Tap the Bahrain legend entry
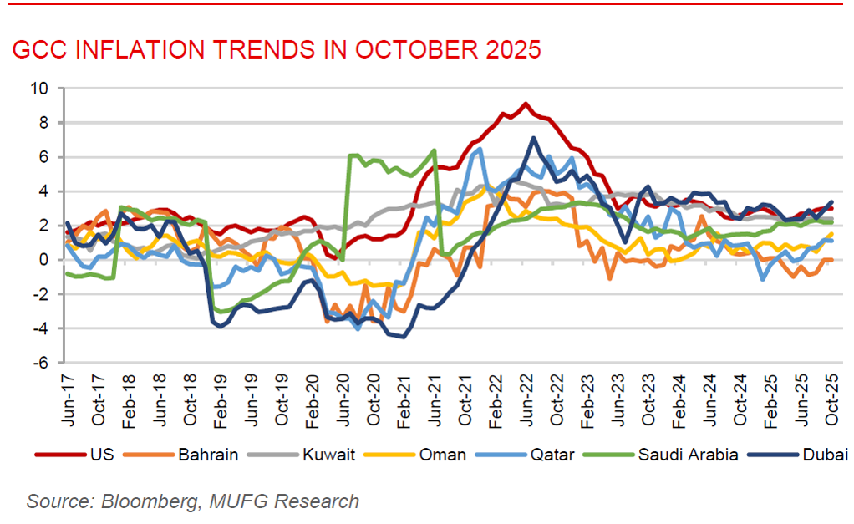pyautogui.click(x=207, y=455)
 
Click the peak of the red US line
pyautogui.click(x=525, y=104)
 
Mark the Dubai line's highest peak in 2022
pyautogui.click(x=533, y=138)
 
